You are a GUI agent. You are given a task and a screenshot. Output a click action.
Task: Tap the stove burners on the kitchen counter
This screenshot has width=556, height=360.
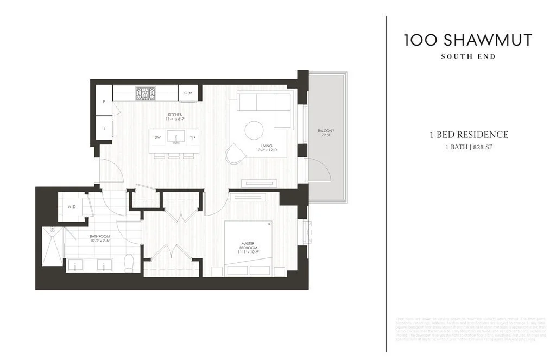pyautogui.click(x=145, y=93)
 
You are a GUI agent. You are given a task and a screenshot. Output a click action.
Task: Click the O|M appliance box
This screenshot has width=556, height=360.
pyautogui.click(x=188, y=93)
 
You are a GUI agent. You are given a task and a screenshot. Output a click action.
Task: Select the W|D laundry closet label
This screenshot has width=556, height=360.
pyautogui.click(x=72, y=207)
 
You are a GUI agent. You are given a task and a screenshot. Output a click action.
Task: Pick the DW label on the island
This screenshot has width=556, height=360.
pyautogui.click(x=157, y=138)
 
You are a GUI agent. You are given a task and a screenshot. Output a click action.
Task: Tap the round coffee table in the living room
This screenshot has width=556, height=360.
pyautogui.click(x=254, y=130)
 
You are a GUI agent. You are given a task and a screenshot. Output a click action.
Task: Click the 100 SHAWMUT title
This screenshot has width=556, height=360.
pyautogui.click(x=468, y=40)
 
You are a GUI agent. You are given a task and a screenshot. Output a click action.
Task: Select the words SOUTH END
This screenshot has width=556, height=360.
pyautogui.click(x=468, y=56)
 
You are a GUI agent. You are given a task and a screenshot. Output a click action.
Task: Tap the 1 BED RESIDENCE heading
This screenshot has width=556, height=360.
pyautogui.click(x=468, y=135)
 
